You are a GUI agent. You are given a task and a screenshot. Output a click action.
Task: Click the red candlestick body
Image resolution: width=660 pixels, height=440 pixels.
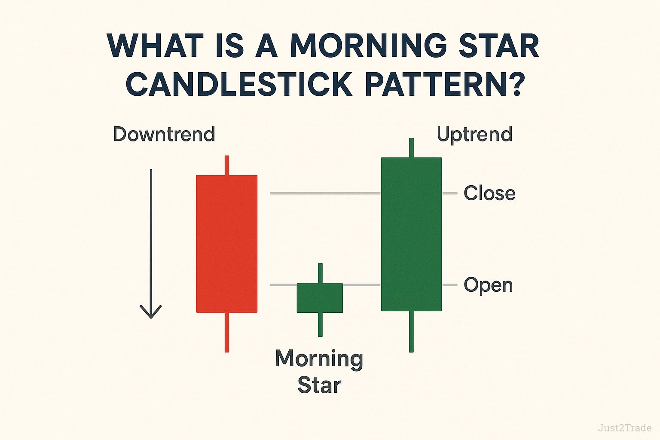pos(226,244)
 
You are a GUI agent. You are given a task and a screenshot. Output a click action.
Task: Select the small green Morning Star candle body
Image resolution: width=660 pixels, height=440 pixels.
pos(320,298)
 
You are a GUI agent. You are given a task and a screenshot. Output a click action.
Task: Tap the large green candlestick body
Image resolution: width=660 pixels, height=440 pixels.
pos(411,234)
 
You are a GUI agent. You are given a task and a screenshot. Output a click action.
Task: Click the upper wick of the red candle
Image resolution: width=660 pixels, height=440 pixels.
pos(227,165)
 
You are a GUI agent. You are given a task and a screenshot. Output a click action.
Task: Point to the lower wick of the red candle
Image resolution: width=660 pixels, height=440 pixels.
pos(227,332)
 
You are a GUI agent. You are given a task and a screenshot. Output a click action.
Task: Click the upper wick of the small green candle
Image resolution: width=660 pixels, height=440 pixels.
pos(320,273)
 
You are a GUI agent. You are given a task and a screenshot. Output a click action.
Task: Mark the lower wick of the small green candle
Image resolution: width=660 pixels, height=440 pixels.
pos(320,324)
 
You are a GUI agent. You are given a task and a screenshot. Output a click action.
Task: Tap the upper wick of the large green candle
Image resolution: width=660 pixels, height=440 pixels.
pos(411,148)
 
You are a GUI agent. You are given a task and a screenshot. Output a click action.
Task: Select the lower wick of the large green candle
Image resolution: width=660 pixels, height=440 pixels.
pos(411,331)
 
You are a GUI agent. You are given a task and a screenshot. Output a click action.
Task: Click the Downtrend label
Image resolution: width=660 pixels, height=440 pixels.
pos(164,134)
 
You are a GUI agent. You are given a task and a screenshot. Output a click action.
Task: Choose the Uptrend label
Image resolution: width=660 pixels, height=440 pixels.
pos(474,134)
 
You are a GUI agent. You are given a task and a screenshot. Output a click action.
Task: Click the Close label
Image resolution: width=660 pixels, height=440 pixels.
pos(489,193)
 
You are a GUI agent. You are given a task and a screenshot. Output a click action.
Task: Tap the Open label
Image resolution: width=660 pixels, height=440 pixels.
pos(488,285)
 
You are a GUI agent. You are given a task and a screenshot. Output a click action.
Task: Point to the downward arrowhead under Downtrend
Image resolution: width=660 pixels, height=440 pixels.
pos(151,311)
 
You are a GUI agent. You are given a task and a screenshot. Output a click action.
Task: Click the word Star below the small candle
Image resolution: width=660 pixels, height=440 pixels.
pos(319,385)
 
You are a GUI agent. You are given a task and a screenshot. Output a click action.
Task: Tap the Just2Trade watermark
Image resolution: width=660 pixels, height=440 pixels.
pos(624,428)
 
